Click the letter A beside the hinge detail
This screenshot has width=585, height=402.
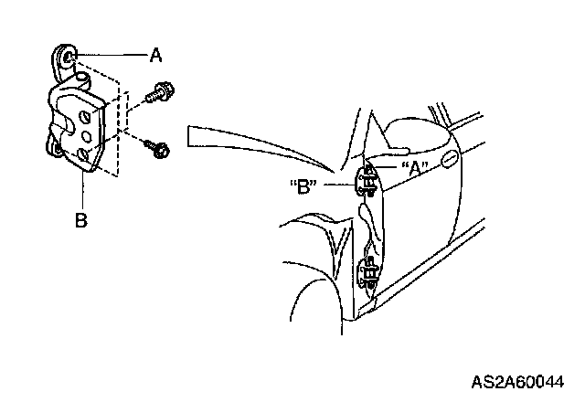(156, 56)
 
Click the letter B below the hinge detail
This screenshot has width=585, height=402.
(81, 220)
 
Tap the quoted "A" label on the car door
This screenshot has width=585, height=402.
(413, 168)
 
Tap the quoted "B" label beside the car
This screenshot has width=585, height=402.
(301, 188)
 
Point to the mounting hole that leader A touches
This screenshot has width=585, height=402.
(69, 58)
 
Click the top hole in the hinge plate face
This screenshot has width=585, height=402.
(83, 117)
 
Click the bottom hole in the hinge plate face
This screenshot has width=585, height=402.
(82, 155)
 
